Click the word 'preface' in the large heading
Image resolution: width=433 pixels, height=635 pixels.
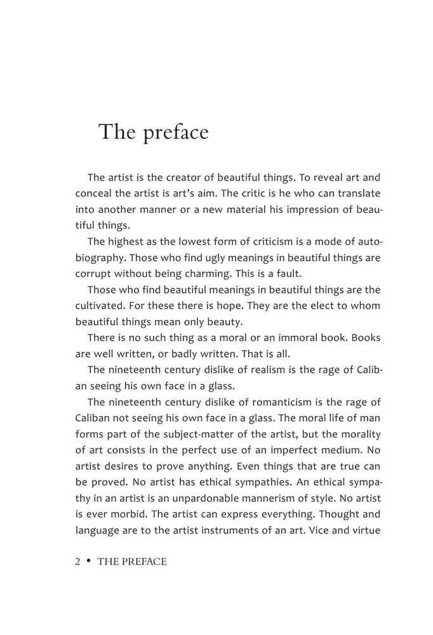pyautogui.click(x=176, y=133)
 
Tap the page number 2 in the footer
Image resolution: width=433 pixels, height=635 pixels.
pyautogui.click(x=77, y=561)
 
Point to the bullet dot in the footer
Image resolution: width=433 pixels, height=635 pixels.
pyautogui.click(x=88, y=561)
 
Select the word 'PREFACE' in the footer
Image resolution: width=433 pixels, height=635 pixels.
pyautogui.click(x=141, y=561)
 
